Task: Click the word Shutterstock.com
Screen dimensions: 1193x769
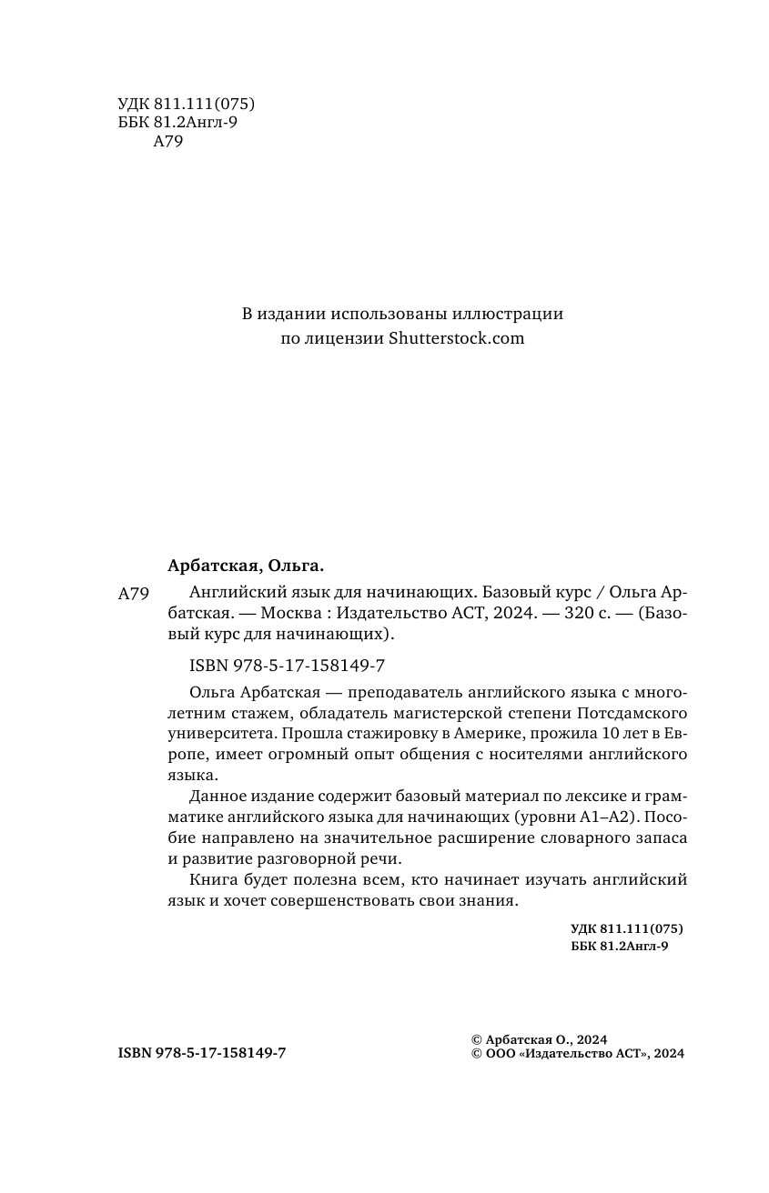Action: (457, 338)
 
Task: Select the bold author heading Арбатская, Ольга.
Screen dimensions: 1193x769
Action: (246, 566)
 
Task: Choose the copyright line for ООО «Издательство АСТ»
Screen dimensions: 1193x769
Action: (573, 1054)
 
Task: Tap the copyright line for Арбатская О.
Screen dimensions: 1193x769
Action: (539, 1039)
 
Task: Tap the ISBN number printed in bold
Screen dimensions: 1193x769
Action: (202, 1052)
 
